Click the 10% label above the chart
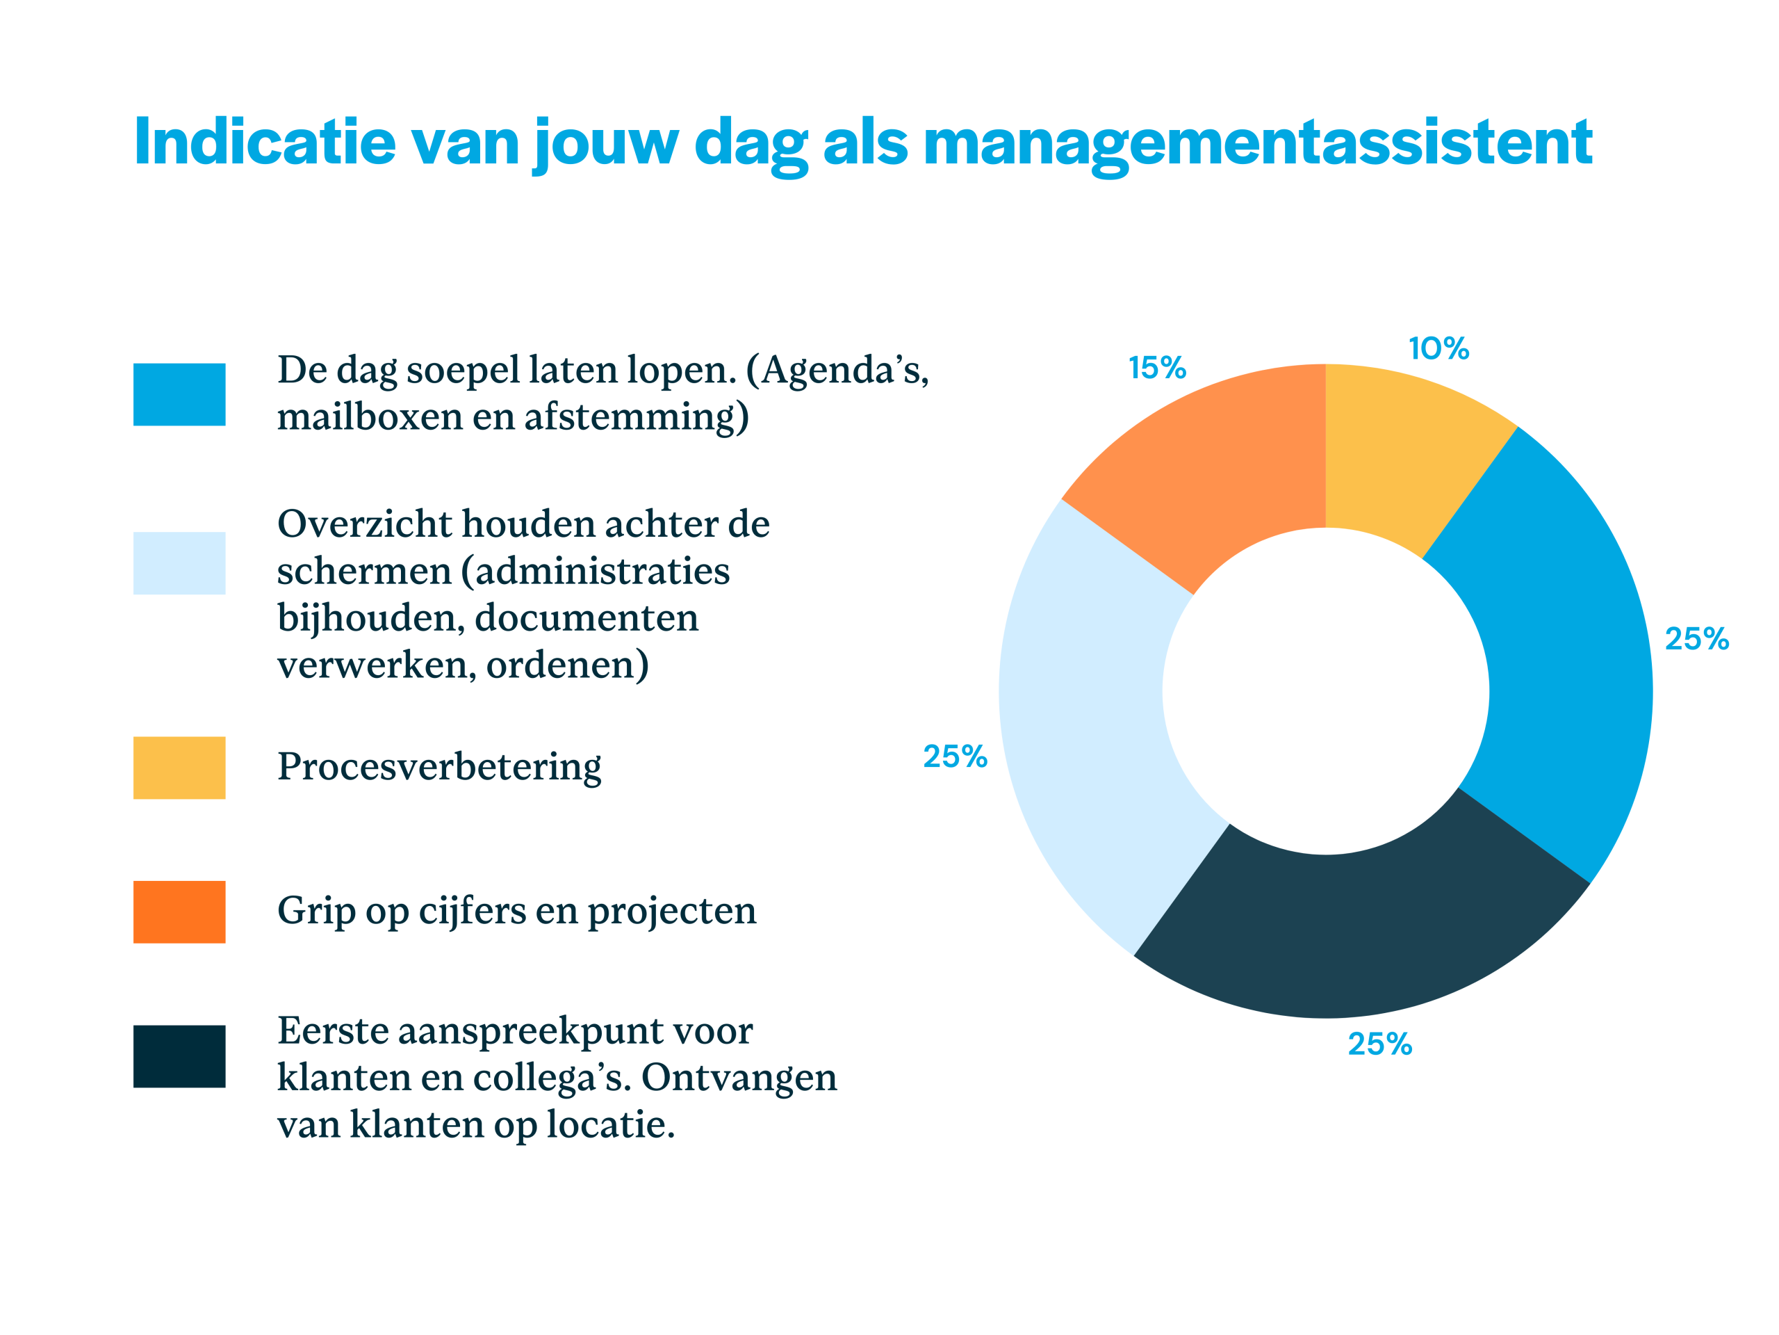pyautogui.click(x=1438, y=349)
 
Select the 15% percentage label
pyautogui.click(x=1157, y=369)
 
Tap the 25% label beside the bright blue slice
pyautogui.click(x=1696, y=639)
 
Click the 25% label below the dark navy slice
pyautogui.click(x=1380, y=1044)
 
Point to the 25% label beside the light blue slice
pyautogui.click(x=955, y=756)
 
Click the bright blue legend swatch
pyautogui.click(x=179, y=394)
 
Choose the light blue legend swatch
pyautogui.click(x=179, y=563)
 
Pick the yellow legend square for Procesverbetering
pyautogui.click(x=179, y=768)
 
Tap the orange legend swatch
pyautogui.click(x=179, y=912)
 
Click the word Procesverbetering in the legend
pyautogui.click(x=439, y=767)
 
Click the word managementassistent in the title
pyautogui.click(x=1258, y=143)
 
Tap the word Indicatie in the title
pyautogui.click(x=265, y=143)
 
